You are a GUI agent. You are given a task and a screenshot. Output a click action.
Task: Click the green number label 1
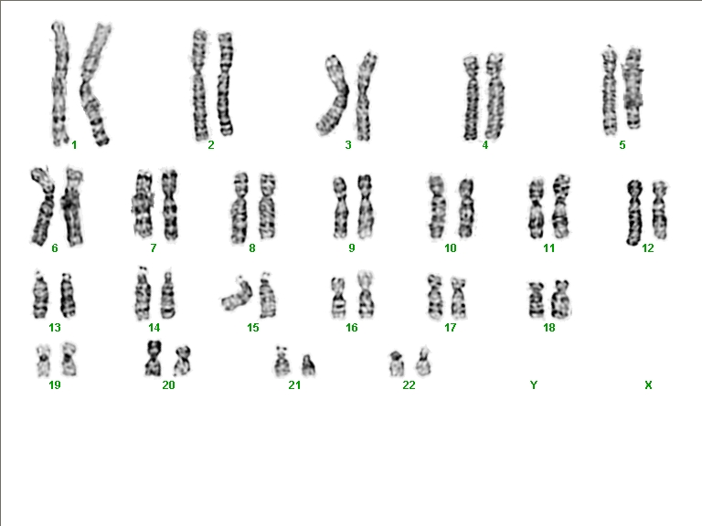coord(74,145)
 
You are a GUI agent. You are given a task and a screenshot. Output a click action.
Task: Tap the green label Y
coord(534,384)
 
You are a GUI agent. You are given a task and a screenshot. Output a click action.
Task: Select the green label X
coord(648,384)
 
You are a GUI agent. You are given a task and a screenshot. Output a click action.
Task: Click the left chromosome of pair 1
coord(59,84)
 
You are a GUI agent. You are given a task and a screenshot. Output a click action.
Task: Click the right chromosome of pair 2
coord(225,84)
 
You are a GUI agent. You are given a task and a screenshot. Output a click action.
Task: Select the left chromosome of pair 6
coord(44,205)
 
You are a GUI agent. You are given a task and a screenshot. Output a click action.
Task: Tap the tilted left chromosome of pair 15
coord(238,296)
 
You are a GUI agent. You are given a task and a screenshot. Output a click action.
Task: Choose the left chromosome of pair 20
coord(154,359)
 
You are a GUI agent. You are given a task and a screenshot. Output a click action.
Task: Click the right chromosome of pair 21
coord(308,365)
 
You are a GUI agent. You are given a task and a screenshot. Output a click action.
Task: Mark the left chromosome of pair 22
coord(396,363)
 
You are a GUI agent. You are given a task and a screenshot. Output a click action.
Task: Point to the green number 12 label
coord(648,247)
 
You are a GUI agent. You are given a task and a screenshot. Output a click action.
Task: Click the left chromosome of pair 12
coord(634,213)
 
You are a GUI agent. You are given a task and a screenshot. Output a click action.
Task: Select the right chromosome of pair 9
coord(366,206)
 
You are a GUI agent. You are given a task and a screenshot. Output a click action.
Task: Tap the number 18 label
coord(548,328)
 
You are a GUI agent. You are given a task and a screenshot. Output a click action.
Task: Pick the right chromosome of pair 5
coord(633,88)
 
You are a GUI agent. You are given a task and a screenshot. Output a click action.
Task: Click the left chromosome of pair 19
coord(43,360)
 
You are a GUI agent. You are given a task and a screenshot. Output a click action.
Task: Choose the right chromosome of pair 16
coord(366,295)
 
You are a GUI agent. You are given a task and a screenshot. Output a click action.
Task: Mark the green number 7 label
coord(154,247)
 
